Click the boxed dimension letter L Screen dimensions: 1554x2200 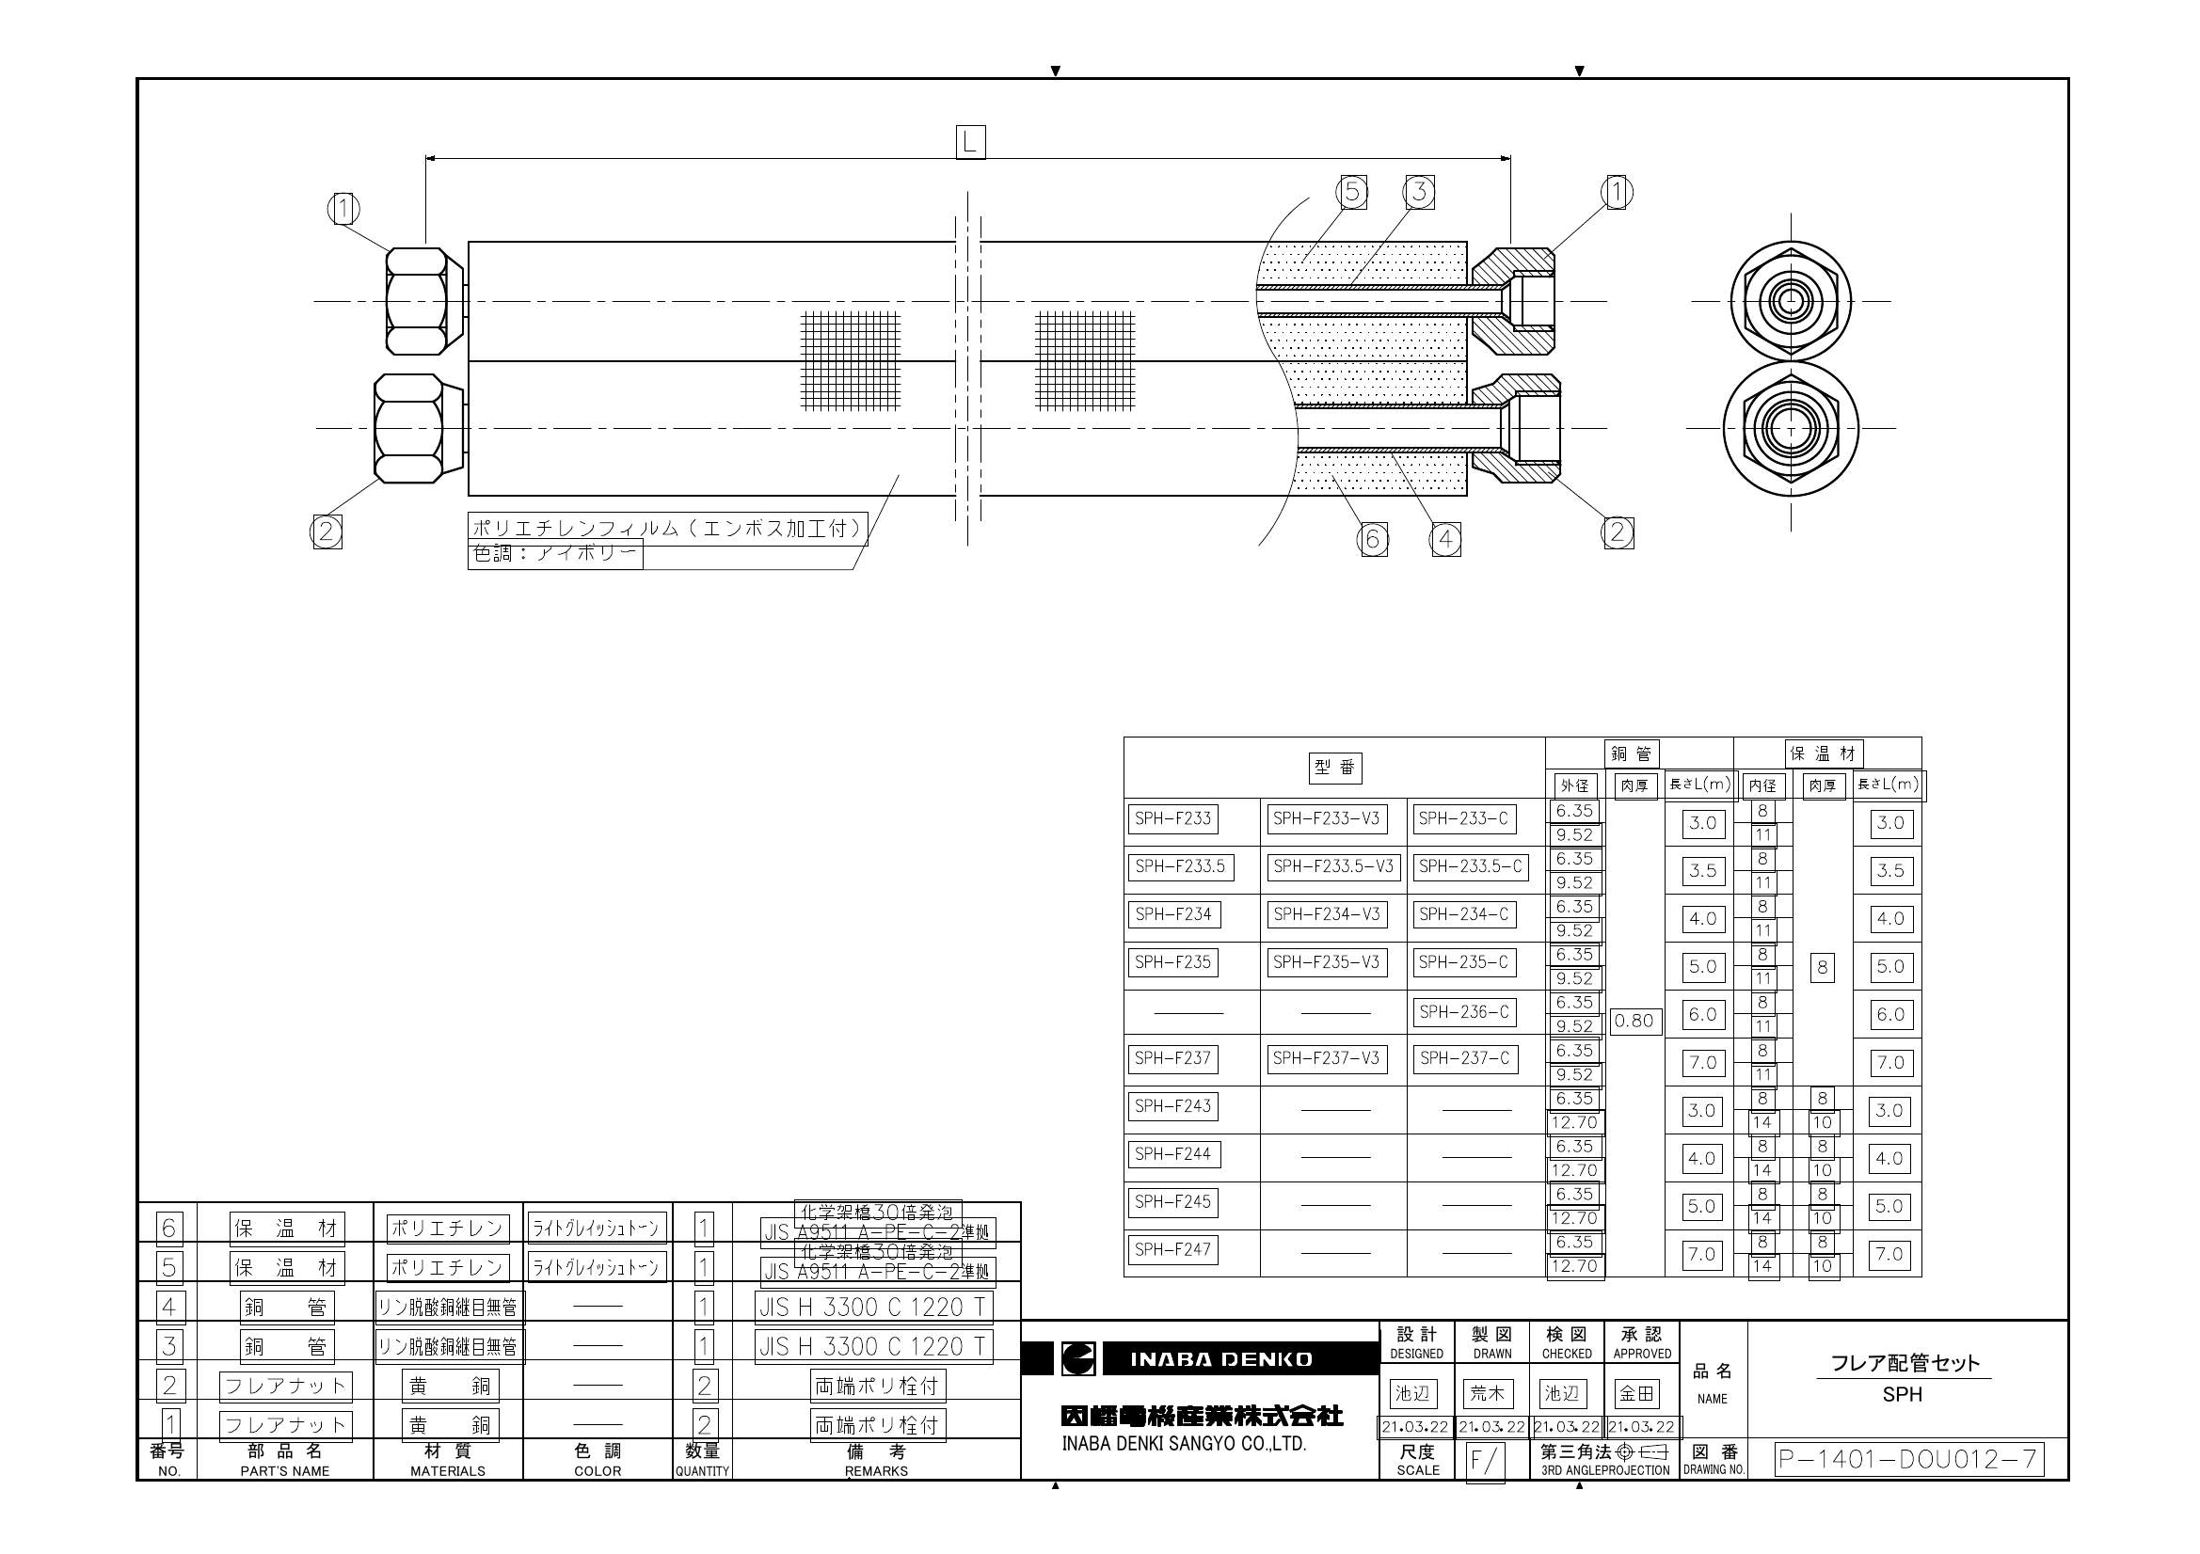click(970, 143)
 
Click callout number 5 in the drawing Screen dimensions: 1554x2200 click(1351, 193)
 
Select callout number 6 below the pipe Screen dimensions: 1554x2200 click(1372, 540)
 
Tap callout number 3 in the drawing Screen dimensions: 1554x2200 click(1419, 192)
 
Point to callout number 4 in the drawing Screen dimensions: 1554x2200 click(1445, 540)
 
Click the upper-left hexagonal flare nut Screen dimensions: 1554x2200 click(418, 302)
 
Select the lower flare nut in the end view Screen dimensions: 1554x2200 click(1791, 429)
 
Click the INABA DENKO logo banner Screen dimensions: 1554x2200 click(1220, 1358)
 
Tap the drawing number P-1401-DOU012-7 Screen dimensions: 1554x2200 click(1907, 1459)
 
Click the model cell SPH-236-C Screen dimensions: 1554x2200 click(1463, 1012)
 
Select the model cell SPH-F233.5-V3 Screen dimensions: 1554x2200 click(1332, 867)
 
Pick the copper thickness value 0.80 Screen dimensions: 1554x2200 click(1634, 1022)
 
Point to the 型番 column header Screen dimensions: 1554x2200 click(1334, 768)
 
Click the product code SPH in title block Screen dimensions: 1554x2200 click(1902, 1395)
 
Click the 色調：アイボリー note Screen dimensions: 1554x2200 click(555, 554)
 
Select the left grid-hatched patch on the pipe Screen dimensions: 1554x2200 click(851, 360)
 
